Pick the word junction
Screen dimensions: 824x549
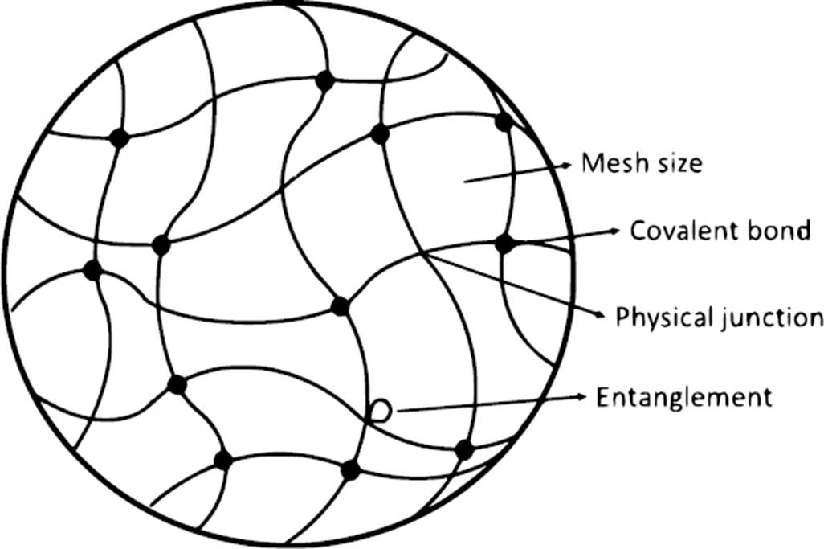pyautogui.click(x=770, y=318)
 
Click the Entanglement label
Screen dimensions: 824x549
pyautogui.click(x=683, y=397)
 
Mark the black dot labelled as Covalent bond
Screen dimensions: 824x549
pyautogui.click(x=504, y=242)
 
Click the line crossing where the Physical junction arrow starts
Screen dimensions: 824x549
pyautogui.click(x=426, y=255)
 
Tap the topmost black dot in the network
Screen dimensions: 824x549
pyautogui.click(x=324, y=80)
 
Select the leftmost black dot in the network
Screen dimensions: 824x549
pyautogui.click(x=93, y=270)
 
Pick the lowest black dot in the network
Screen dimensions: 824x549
pyautogui.click(x=350, y=469)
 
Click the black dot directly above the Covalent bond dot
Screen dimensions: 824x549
pyautogui.click(x=504, y=122)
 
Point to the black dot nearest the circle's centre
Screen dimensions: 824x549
pyautogui.click(x=340, y=306)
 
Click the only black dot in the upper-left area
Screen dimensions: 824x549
pyautogui.click(x=120, y=137)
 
